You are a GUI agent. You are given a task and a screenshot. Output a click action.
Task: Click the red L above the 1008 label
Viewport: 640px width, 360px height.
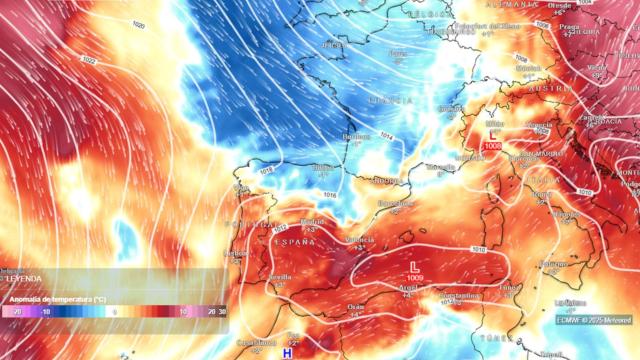click(x=492, y=134)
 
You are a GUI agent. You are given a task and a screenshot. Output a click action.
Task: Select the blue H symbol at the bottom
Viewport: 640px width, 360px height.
click(x=288, y=353)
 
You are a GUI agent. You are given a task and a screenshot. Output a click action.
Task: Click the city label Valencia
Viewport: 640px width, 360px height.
click(x=361, y=239)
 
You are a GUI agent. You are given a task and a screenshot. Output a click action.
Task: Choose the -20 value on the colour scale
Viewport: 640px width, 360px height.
click(x=17, y=312)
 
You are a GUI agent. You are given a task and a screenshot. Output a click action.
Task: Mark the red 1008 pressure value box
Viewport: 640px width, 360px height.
click(x=492, y=147)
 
